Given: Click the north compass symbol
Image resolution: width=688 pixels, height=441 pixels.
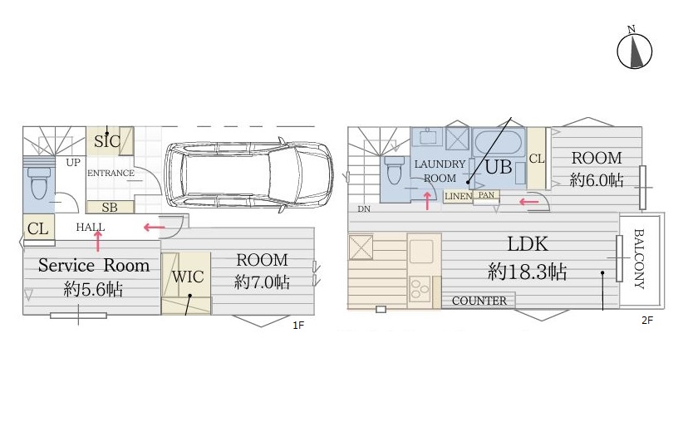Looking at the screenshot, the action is [635, 51].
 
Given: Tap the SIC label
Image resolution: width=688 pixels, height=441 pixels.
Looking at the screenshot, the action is [107, 141].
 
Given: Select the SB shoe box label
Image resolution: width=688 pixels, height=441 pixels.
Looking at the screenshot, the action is [110, 208].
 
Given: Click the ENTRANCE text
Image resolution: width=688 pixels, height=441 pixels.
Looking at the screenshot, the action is [111, 173].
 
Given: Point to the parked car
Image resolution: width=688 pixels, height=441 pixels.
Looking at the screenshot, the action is [248, 175].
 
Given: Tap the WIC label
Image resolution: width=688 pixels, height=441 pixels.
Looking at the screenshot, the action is [188, 277].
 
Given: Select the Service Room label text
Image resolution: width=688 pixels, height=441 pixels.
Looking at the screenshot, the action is [93, 265].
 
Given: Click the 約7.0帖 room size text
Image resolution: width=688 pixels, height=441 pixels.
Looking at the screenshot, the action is [262, 282].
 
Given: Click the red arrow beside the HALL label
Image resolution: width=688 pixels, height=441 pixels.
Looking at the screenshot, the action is [154, 227].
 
